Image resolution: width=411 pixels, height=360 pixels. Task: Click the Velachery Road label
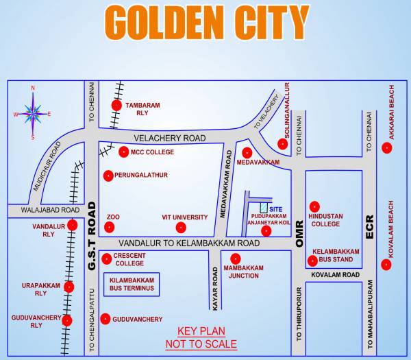coord(170,139)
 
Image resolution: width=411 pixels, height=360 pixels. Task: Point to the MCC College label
coord(153,152)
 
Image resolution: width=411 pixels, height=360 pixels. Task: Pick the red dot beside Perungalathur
coord(108,176)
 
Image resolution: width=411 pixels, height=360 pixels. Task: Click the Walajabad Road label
coord(42,210)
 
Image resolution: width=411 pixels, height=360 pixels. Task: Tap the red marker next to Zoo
coord(110,227)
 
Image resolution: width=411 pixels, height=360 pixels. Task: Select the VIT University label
coord(185,217)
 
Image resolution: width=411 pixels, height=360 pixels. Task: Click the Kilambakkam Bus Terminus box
coord(132,285)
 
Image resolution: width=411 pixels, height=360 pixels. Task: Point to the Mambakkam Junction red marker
coord(236,259)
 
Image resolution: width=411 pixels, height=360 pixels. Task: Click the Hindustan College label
coord(325,219)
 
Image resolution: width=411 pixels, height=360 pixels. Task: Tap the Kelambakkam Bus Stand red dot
coord(313,261)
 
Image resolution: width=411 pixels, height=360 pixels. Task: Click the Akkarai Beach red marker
coord(387,147)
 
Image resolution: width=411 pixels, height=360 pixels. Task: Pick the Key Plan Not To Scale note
coord(201,337)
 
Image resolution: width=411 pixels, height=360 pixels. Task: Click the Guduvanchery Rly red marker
coord(67,320)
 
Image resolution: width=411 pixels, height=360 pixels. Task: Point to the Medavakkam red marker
coord(247,152)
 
